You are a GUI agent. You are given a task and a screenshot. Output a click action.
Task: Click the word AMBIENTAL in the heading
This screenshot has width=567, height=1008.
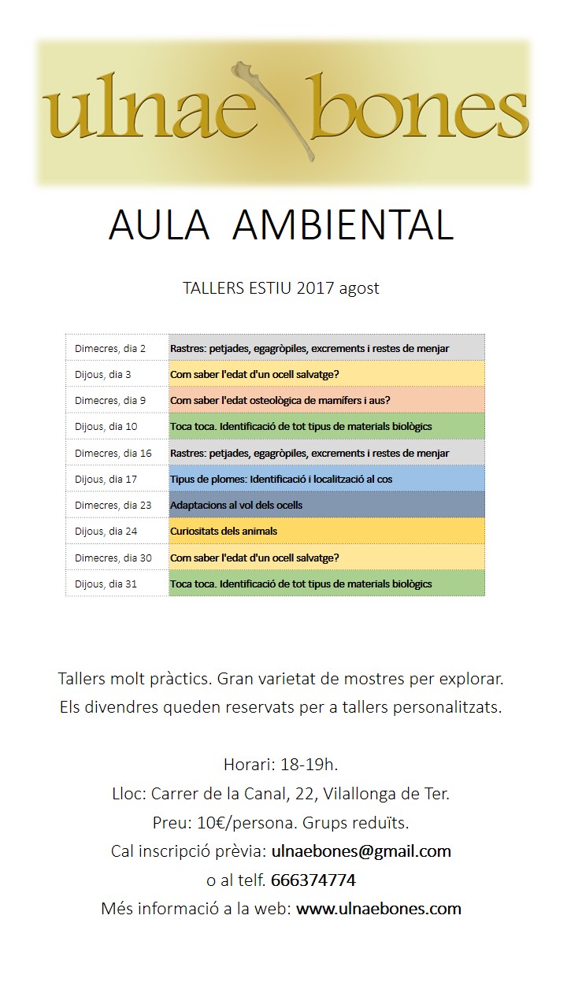pyautogui.click(x=344, y=225)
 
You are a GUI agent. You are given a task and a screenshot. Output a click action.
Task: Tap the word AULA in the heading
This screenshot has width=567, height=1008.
pyautogui.click(x=159, y=225)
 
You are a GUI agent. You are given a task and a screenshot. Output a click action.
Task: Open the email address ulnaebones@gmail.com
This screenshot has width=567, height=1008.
pyautogui.click(x=361, y=851)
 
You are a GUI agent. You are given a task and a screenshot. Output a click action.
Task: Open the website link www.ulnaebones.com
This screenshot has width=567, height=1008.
pyautogui.click(x=379, y=909)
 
